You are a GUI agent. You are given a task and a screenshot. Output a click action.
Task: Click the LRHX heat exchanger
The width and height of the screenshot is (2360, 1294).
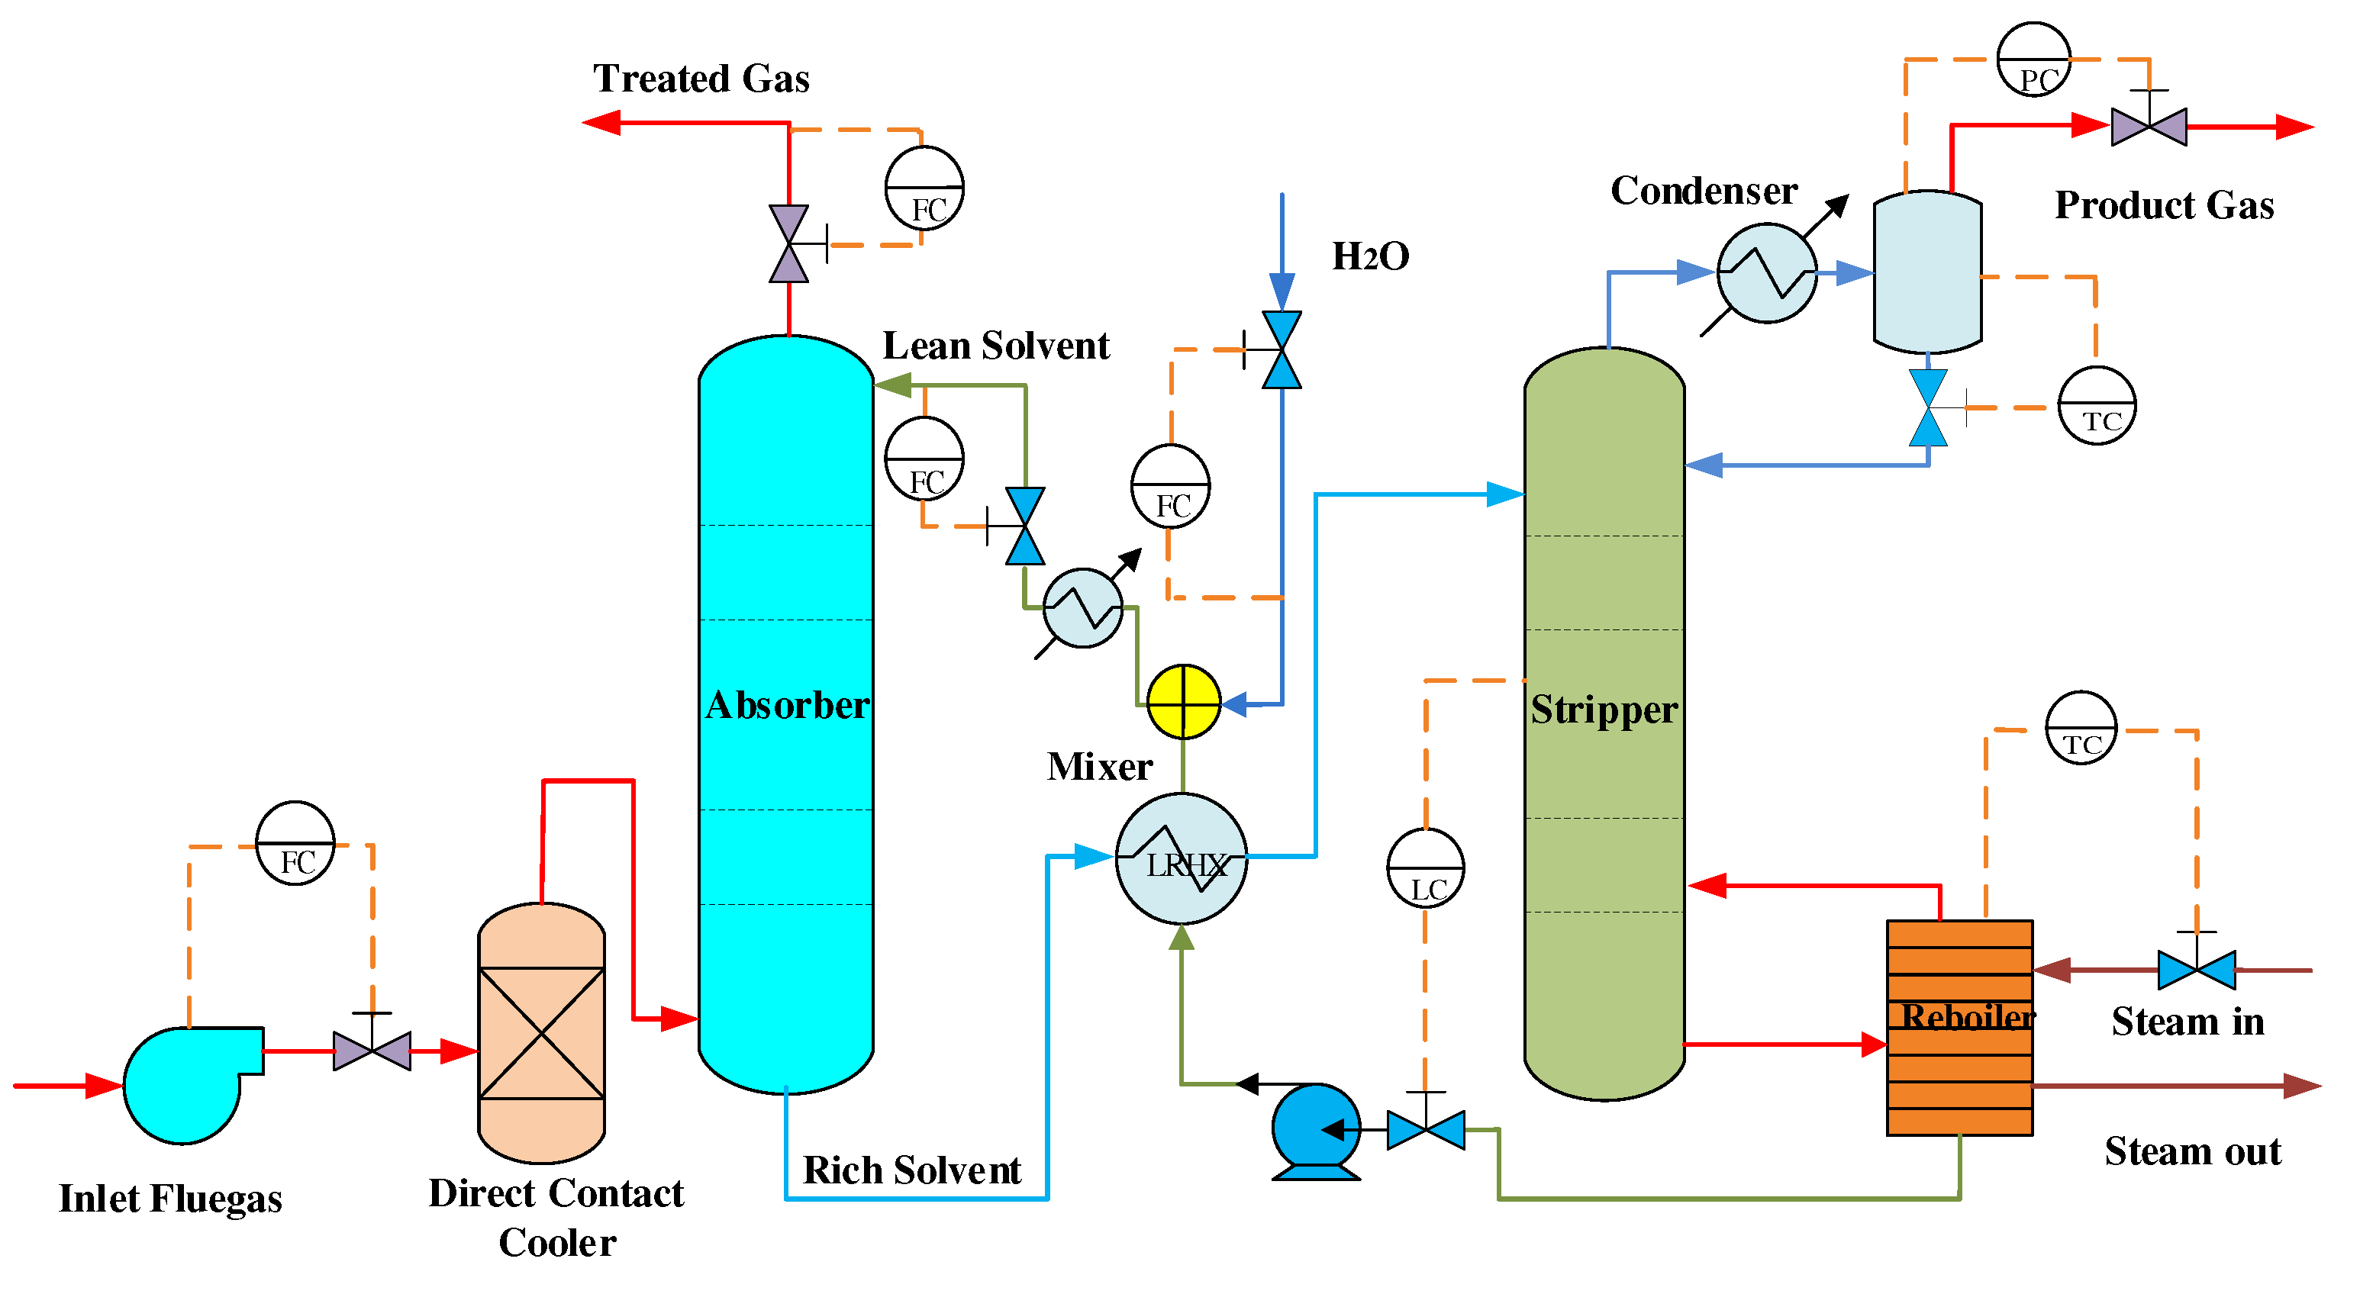click(1181, 858)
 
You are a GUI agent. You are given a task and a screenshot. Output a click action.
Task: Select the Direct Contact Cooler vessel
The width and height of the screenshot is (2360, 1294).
click(540, 1032)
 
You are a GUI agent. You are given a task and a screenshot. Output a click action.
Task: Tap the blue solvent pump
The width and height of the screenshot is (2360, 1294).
click(1316, 1129)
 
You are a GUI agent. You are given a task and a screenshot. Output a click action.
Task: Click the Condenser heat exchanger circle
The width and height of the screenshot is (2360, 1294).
click(1765, 273)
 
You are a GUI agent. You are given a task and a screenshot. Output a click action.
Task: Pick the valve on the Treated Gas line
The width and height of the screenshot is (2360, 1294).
click(788, 243)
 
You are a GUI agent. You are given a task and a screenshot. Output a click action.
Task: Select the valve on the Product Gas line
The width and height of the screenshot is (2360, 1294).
click(2149, 127)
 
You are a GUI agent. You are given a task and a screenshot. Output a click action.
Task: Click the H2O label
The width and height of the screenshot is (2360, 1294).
click(1369, 256)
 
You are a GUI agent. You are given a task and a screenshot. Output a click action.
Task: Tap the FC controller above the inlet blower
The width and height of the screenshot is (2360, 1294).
click(295, 842)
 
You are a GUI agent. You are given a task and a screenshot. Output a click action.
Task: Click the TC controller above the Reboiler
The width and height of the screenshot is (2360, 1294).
click(2081, 728)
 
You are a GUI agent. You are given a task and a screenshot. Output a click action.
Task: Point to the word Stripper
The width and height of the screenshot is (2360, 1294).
click(1604, 710)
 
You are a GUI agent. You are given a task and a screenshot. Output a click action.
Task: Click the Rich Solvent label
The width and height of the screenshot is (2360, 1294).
click(911, 1170)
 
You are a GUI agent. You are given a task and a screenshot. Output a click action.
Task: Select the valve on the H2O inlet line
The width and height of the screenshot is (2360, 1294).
click(1281, 350)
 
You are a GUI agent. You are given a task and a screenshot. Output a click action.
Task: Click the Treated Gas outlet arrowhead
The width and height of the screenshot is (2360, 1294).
click(602, 122)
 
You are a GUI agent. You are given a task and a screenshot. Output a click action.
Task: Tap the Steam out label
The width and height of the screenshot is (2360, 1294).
click(2191, 1151)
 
